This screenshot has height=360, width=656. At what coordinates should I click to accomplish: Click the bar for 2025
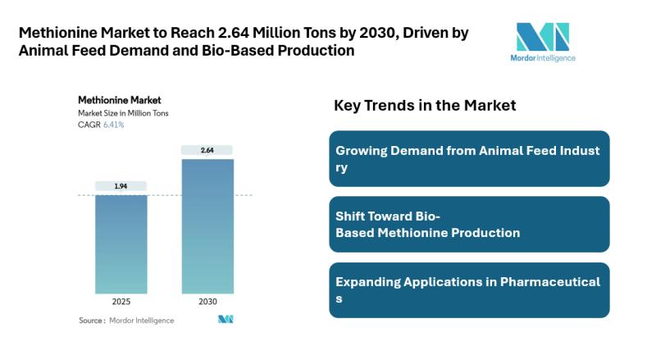coord(121,244)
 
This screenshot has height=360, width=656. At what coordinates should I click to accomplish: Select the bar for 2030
coord(207,226)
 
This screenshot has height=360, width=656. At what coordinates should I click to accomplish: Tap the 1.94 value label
coord(121,186)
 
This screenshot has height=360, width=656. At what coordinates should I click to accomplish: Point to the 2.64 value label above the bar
coord(207,150)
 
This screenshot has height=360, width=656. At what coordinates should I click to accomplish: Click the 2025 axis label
coord(121,302)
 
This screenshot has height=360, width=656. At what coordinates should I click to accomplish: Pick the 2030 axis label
coord(207,302)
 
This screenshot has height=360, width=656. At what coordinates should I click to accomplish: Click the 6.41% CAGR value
coord(114,125)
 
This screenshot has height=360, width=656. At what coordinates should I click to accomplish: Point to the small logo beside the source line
coord(225,320)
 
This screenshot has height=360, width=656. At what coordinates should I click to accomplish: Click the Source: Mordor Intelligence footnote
coord(126,320)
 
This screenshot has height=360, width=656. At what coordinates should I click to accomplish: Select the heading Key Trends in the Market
coord(425,106)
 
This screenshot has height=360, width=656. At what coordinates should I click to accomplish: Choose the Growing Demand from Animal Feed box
coord(469,158)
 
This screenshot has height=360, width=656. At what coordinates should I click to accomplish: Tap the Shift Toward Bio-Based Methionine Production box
coord(469,224)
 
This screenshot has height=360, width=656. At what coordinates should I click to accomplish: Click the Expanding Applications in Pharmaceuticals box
coord(469,289)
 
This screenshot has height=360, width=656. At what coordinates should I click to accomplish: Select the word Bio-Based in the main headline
coord(232,51)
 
